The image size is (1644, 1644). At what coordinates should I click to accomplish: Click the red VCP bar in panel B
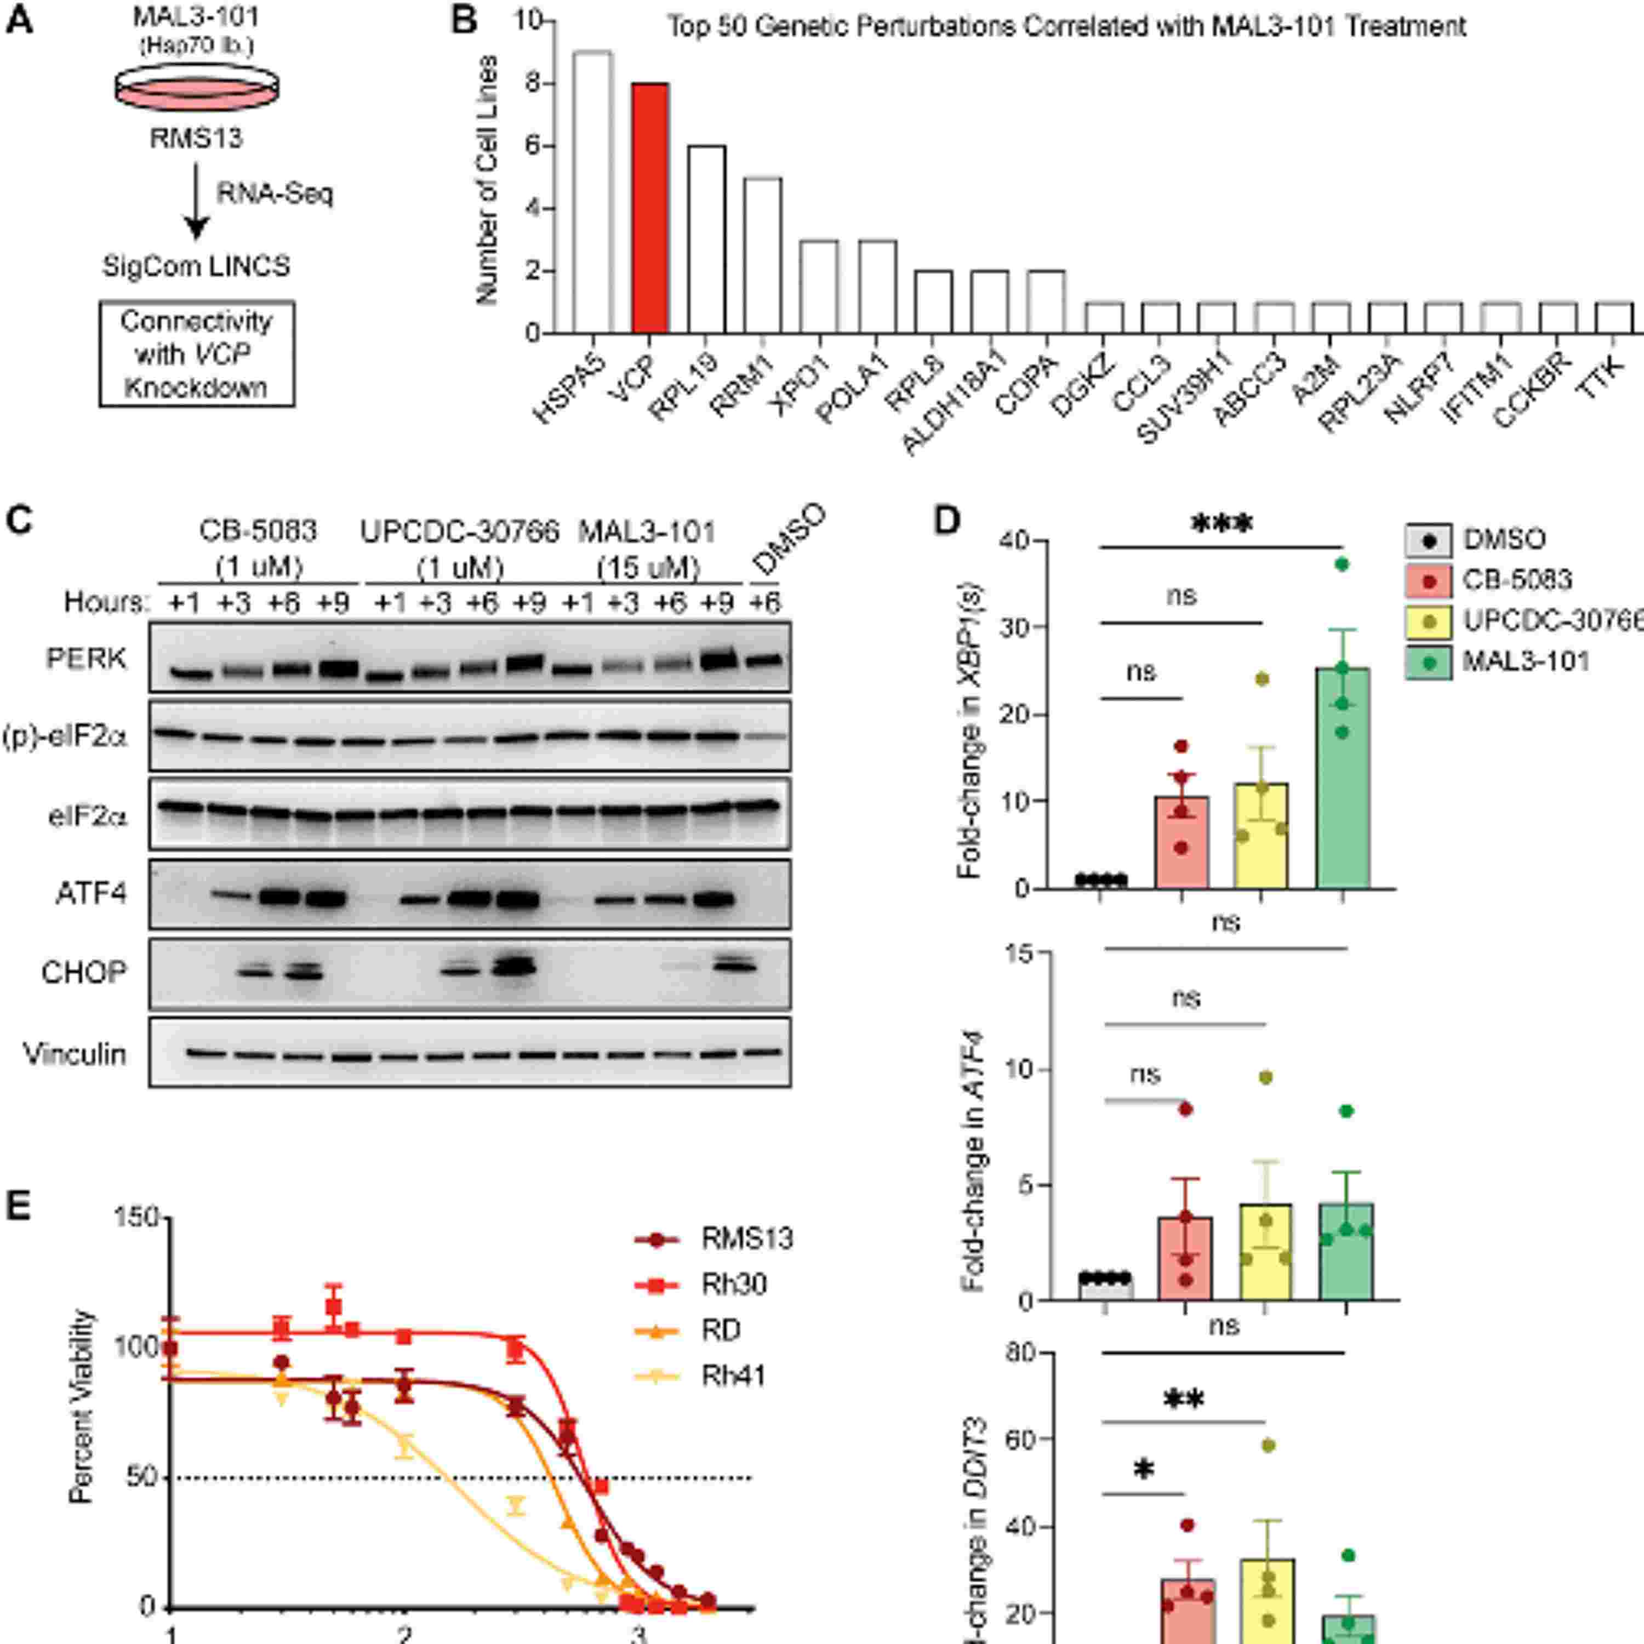click(x=650, y=208)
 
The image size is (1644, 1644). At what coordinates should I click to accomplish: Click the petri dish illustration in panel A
click(x=197, y=85)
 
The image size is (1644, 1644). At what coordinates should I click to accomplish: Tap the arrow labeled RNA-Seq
click(x=197, y=201)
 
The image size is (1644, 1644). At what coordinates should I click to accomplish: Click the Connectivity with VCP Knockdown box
click(x=197, y=353)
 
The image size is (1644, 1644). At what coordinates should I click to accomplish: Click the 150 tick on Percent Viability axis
click(x=138, y=1218)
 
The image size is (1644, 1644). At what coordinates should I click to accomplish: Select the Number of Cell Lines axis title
click(x=487, y=180)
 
